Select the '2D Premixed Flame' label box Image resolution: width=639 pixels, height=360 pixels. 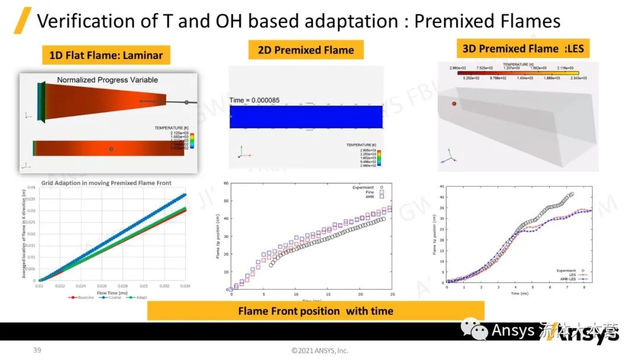pyautogui.click(x=306, y=50)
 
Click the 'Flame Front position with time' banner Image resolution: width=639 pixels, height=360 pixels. pyautogui.click(x=315, y=311)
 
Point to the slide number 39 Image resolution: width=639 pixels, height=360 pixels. pyautogui.click(x=37, y=351)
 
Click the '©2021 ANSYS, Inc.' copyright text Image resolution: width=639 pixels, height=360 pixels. pyautogui.click(x=319, y=351)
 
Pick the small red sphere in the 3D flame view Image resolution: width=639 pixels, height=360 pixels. pyautogui.click(x=454, y=104)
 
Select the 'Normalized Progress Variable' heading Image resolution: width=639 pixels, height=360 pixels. pyautogui.click(x=107, y=79)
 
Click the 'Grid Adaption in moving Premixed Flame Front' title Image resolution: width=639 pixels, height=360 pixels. pyautogui.click(x=106, y=183)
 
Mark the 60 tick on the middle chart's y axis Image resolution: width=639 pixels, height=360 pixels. pyautogui.click(x=227, y=183)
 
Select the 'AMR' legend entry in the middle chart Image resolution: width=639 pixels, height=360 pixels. pyautogui.click(x=371, y=196)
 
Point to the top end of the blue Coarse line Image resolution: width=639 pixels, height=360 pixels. pyautogui.click(x=185, y=194)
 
